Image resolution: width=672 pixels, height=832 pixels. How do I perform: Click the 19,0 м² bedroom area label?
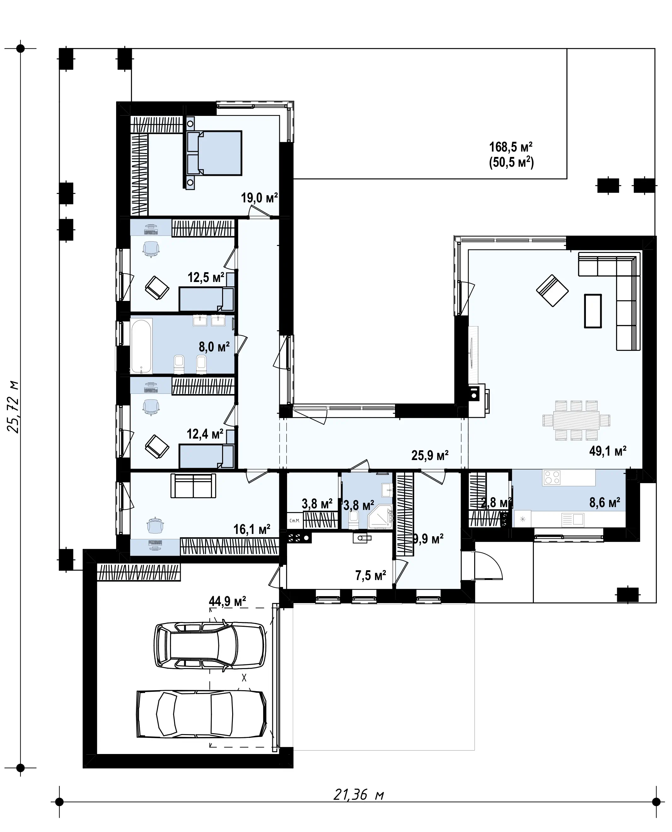coord(259,198)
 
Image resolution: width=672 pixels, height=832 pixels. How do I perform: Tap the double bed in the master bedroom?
coord(215,153)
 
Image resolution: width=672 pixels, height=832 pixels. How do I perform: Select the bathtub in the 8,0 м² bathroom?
coord(142,345)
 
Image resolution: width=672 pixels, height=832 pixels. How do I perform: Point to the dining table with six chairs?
coord(576,420)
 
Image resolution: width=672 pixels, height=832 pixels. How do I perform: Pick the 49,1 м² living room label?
coord(608,451)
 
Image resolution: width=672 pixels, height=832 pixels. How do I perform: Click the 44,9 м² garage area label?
coord(227,601)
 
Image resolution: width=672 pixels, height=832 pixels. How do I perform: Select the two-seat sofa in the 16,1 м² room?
coord(193,486)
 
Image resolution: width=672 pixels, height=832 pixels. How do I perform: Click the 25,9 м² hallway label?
coord(430,455)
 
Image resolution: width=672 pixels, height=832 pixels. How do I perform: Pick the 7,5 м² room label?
coord(371,576)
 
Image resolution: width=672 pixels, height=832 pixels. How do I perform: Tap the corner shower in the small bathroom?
coord(380,516)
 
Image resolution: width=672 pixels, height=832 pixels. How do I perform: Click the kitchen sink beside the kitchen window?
coord(573,519)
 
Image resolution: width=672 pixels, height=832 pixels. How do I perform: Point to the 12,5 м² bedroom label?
coord(206,277)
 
